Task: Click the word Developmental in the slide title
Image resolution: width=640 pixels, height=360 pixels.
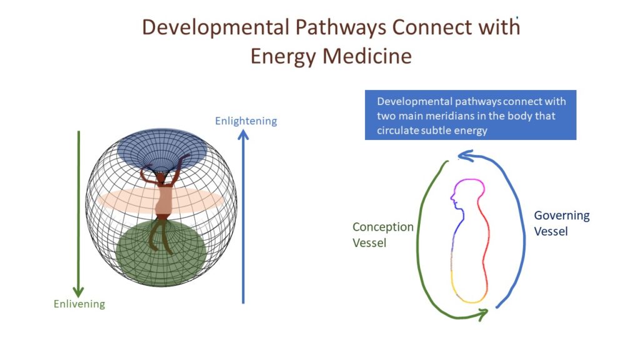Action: coord(216,27)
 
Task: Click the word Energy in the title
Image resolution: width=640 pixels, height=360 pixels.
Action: coord(284,57)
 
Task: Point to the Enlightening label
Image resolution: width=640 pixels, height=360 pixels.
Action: coord(246,121)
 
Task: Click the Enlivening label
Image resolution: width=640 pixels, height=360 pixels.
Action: coord(79,304)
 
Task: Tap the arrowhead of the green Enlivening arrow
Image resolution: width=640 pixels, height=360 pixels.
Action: coord(78,291)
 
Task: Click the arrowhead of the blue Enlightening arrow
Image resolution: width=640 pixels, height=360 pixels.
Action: coord(243,135)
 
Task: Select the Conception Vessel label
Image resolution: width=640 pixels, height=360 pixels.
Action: coord(383,235)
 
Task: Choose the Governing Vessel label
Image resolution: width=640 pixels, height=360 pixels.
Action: coord(562,223)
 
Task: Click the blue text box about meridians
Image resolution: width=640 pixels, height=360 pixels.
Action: coord(471,115)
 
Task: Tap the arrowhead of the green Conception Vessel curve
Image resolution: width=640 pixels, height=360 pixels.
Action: coord(483,314)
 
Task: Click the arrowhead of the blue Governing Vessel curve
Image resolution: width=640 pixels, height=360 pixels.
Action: coord(464,156)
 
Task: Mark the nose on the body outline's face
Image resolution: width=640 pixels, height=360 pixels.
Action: coord(452,198)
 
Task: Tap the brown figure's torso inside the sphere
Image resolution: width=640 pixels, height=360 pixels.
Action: coord(165,200)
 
